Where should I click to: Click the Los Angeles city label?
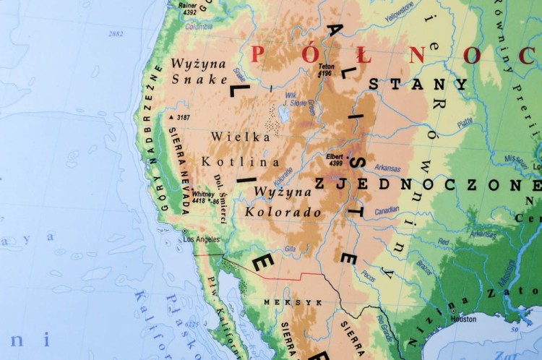click(202, 239)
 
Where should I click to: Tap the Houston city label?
click(463, 319)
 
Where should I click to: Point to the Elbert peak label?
click(334, 157)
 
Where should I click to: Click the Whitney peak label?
click(203, 194)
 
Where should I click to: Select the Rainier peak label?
click(188, 6)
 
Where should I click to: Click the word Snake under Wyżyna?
click(198, 80)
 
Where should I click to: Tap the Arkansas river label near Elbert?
click(388, 168)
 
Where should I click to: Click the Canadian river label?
click(387, 210)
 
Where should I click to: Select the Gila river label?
click(290, 249)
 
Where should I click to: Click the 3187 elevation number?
click(183, 117)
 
